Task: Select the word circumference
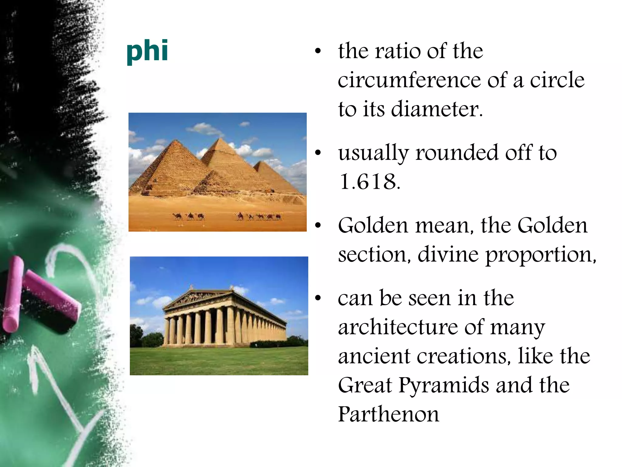409,80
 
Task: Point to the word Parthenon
388,414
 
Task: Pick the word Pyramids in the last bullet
443,385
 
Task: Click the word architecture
398,327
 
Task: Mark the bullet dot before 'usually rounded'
318,153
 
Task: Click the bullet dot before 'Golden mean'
318,226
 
